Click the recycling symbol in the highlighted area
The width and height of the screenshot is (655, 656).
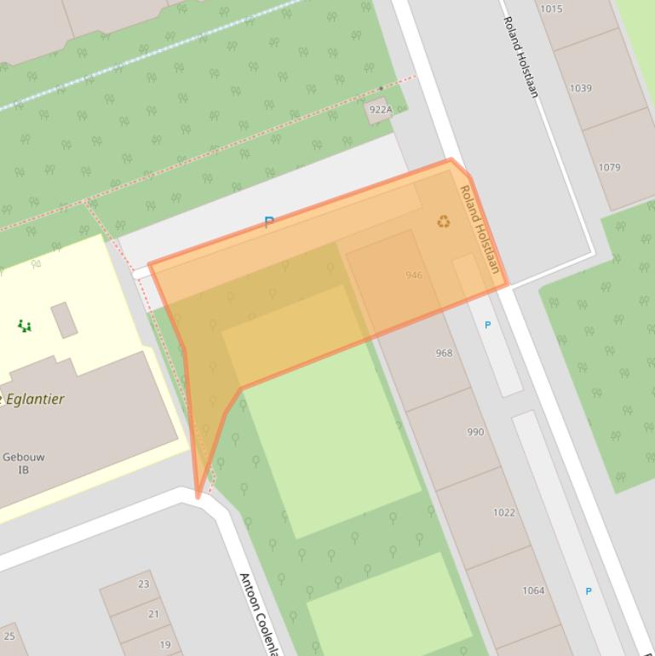pos(443,222)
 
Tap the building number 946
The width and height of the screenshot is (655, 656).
pos(414,275)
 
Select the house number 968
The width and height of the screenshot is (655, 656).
pos(444,353)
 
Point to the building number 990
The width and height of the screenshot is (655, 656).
pos(475,432)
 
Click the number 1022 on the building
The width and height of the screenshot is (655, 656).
pos(504,512)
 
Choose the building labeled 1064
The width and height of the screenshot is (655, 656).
pos(533,590)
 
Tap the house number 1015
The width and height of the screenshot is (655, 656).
pos(551,9)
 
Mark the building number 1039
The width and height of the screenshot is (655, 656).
pos(581,89)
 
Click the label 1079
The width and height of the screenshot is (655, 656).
pos(609,168)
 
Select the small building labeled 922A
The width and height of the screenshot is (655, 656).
pos(380,110)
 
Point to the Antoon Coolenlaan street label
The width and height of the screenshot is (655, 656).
pos(259,613)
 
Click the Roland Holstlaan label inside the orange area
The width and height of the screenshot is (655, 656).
pos(480,228)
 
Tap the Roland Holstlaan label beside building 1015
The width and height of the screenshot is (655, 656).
pos(521,56)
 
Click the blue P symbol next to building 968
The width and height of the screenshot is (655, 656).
pos(487,325)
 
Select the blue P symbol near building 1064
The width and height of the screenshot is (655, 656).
pos(588,591)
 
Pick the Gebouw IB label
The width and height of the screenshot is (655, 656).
pos(24,463)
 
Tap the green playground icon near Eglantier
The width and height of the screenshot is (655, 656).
pos(25,325)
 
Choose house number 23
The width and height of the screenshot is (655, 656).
pos(143,584)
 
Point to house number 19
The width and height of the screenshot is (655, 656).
pos(165,645)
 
